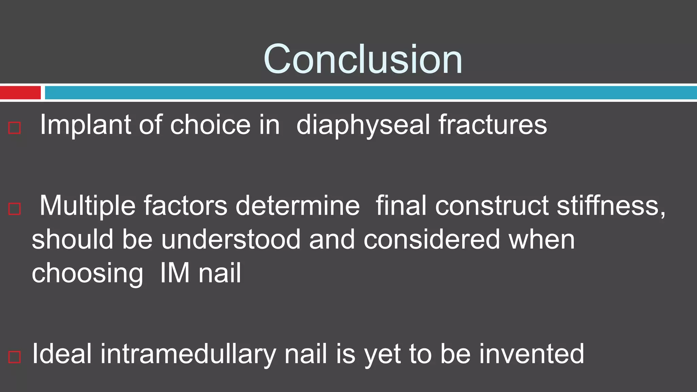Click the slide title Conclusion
[x=363, y=59]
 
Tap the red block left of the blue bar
[x=20, y=93]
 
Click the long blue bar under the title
[x=370, y=93]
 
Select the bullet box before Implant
[x=15, y=128]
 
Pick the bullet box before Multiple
[x=15, y=209]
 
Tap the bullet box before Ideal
[x=15, y=357]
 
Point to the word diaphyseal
[x=363, y=125]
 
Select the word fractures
[x=492, y=125]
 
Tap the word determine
[x=297, y=206]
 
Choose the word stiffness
[x=610, y=206]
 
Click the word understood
[x=231, y=239]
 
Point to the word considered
[x=432, y=239]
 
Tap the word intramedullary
[x=188, y=354]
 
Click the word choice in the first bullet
[x=210, y=125]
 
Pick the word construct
[x=491, y=206]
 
